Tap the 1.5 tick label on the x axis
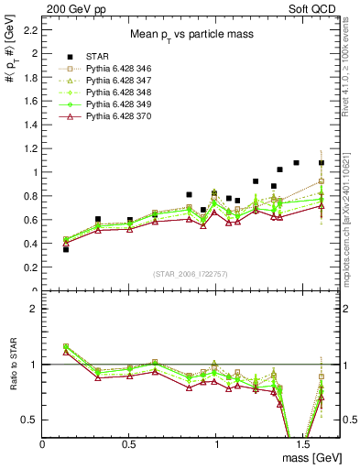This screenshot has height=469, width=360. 302,443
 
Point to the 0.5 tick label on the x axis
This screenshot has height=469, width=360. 129,443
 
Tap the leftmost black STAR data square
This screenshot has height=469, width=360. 65,248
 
